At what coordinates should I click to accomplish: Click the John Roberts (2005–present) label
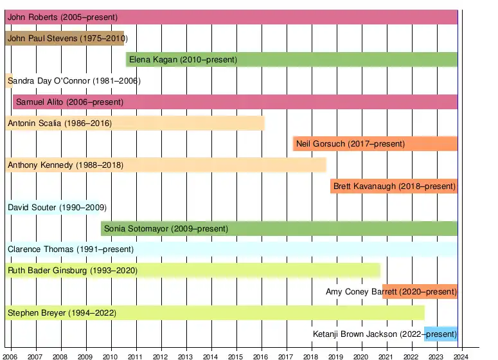pos(67,17)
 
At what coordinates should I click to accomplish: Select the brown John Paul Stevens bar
pos(64,39)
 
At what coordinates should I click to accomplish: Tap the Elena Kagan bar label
pos(183,60)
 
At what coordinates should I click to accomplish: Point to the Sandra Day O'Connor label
pos(74,81)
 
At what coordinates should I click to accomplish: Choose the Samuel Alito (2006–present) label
pos(69,102)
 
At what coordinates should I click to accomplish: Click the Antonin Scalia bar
pos(135,123)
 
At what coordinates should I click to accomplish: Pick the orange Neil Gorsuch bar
pos(375,144)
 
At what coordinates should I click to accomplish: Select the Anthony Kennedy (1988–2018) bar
pos(166,165)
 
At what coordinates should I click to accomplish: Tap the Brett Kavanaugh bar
pos(394,186)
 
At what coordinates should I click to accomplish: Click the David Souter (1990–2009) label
pos(57,208)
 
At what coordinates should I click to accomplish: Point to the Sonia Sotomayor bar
pos(279,228)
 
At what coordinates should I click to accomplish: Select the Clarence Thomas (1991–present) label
pos(71,249)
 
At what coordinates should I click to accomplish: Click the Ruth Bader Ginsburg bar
pos(193,271)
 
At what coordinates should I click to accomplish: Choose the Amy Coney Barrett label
pos(391,292)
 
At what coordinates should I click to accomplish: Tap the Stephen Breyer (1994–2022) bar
pos(215,313)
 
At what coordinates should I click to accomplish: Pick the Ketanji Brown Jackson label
pos(384,334)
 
